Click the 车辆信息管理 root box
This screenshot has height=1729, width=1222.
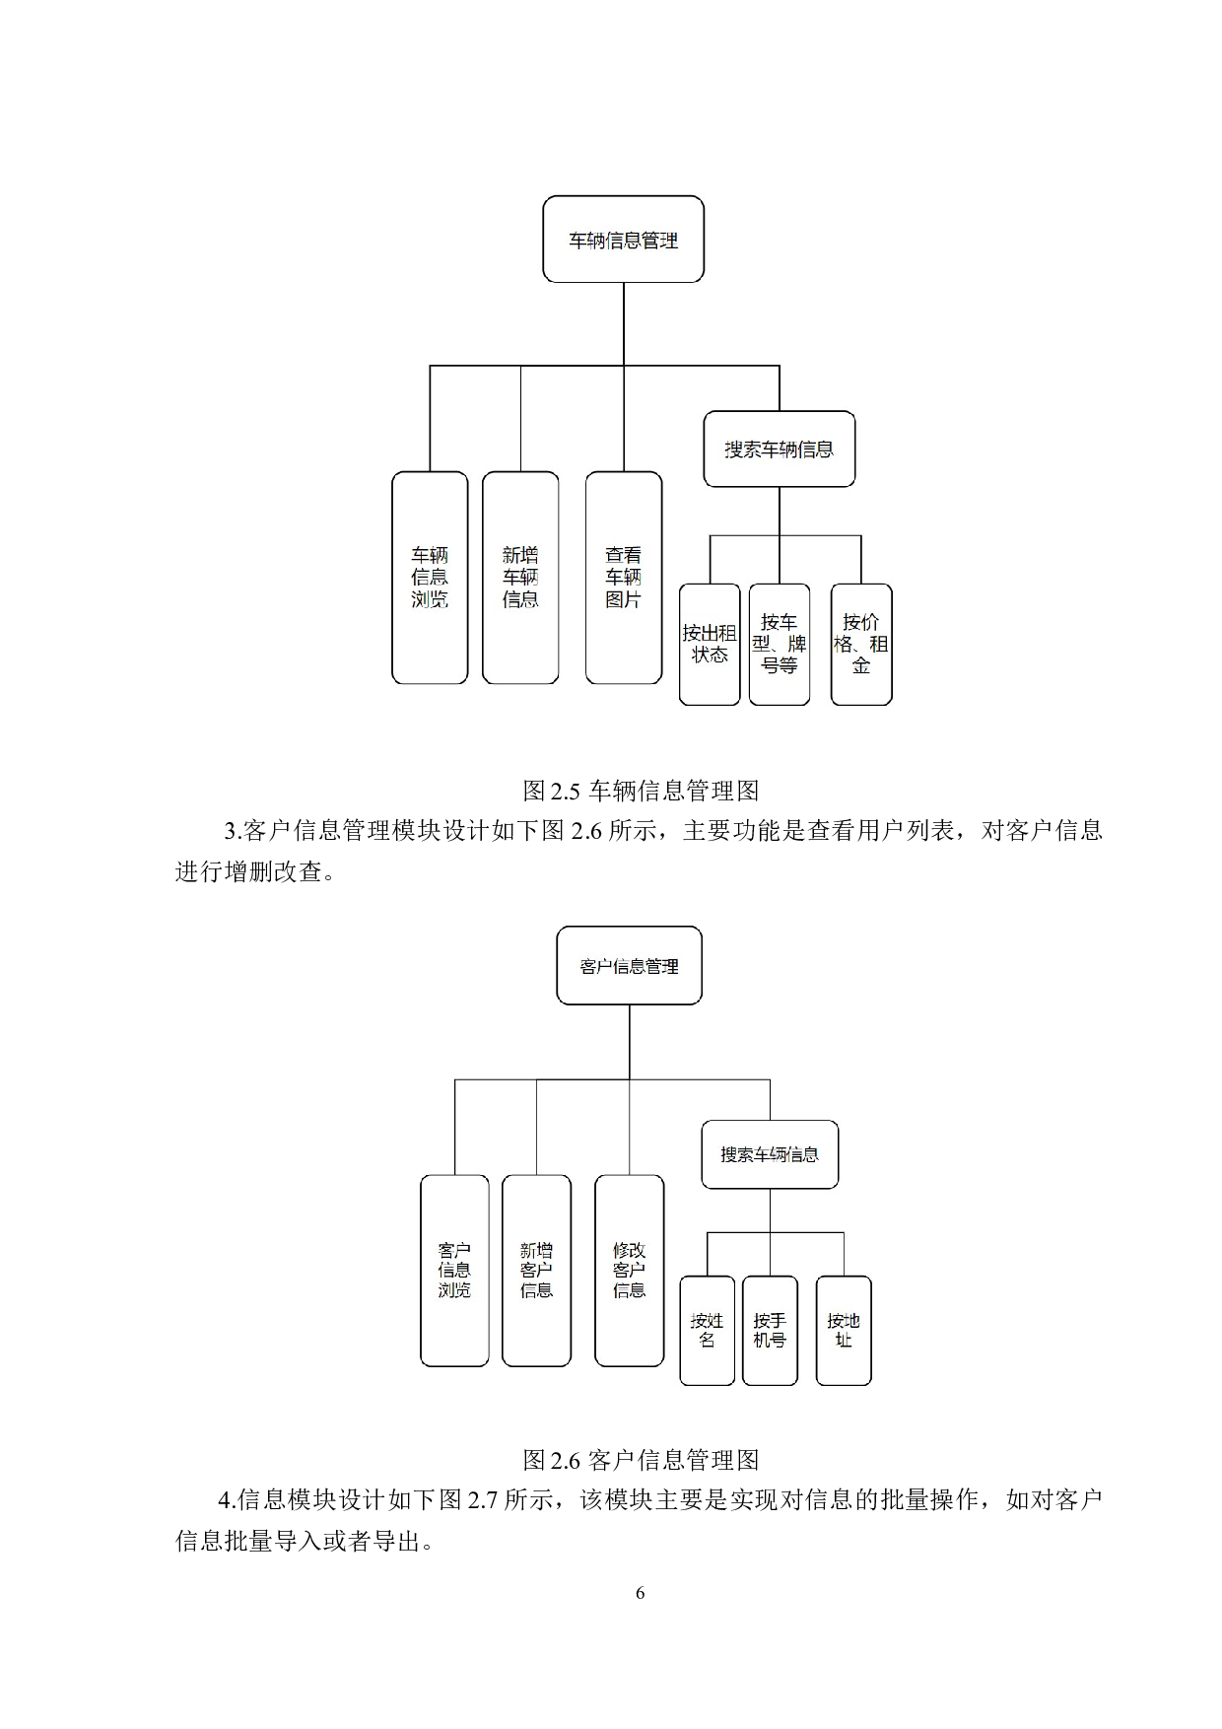point(623,240)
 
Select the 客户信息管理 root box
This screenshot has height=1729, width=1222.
point(629,966)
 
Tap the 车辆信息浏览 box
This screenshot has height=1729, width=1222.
point(430,578)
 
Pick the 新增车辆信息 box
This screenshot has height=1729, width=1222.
point(520,578)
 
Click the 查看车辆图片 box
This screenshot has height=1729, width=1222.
point(623,578)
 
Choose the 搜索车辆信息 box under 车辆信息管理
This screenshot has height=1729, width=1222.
point(779,450)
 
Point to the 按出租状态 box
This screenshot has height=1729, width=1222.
point(710,645)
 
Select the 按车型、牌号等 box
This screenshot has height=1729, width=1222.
point(779,645)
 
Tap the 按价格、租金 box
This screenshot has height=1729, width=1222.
point(861,645)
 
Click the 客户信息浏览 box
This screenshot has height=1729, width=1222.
point(454,1271)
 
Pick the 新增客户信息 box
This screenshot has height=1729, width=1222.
point(536,1271)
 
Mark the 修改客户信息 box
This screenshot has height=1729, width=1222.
point(629,1271)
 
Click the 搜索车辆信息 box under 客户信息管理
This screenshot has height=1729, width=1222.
point(770,1154)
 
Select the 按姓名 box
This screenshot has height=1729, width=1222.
point(707,1331)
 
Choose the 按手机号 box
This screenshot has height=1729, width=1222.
point(770,1331)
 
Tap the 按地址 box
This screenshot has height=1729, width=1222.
point(844,1331)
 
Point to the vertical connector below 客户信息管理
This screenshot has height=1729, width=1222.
point(630,1042)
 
